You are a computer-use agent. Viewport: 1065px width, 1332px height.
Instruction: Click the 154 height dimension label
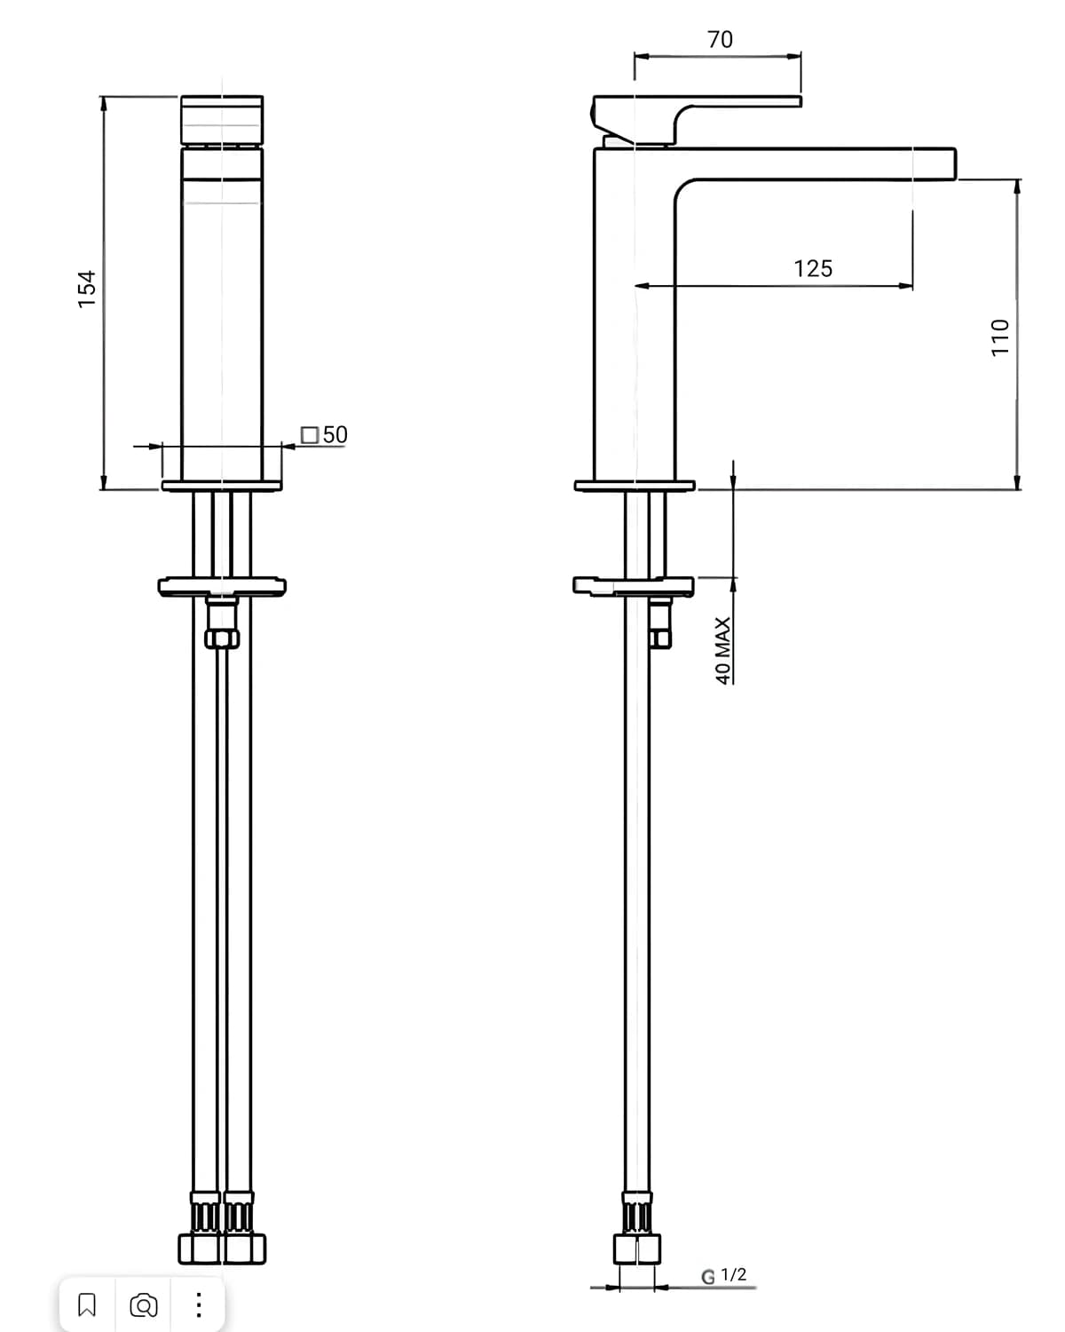(x=87, y=289)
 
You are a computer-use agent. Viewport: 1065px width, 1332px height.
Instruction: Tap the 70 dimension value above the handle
(x=720, y=40)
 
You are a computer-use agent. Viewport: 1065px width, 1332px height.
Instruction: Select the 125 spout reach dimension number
(x=813, y=269)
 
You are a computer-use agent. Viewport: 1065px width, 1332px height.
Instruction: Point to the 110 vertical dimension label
(x=1000, y=337)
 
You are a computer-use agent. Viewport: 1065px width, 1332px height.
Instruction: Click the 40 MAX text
(x=722, y=651)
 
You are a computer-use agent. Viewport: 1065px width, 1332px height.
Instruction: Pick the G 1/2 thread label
(x=723, y=1276)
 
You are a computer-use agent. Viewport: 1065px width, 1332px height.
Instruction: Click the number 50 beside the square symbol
(x=335, y=434)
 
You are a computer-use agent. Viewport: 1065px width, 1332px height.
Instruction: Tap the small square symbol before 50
(x=310, y=435)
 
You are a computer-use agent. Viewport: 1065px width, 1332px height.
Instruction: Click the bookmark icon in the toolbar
(x=87, y=1304)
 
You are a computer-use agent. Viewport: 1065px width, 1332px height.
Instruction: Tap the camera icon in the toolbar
(x=144, y=1305)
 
